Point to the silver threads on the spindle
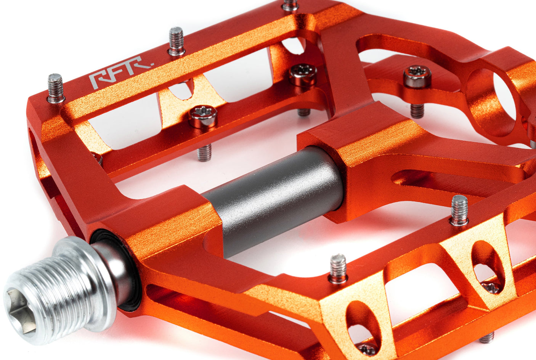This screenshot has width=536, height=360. click(x=57, y=294)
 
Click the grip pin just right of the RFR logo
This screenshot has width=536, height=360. click(x=176, y=41)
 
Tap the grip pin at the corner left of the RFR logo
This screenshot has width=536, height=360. click(x=56, y=88)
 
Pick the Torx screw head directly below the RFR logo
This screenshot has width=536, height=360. click(x=203, y=116)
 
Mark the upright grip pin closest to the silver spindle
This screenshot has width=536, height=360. click(x=338, y=268)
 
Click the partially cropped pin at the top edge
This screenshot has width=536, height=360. click(x=290, y=5)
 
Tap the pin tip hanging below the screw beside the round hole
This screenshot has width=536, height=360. click(x=417, y=111)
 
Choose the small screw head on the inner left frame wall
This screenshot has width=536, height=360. click(x=98, y=157)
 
